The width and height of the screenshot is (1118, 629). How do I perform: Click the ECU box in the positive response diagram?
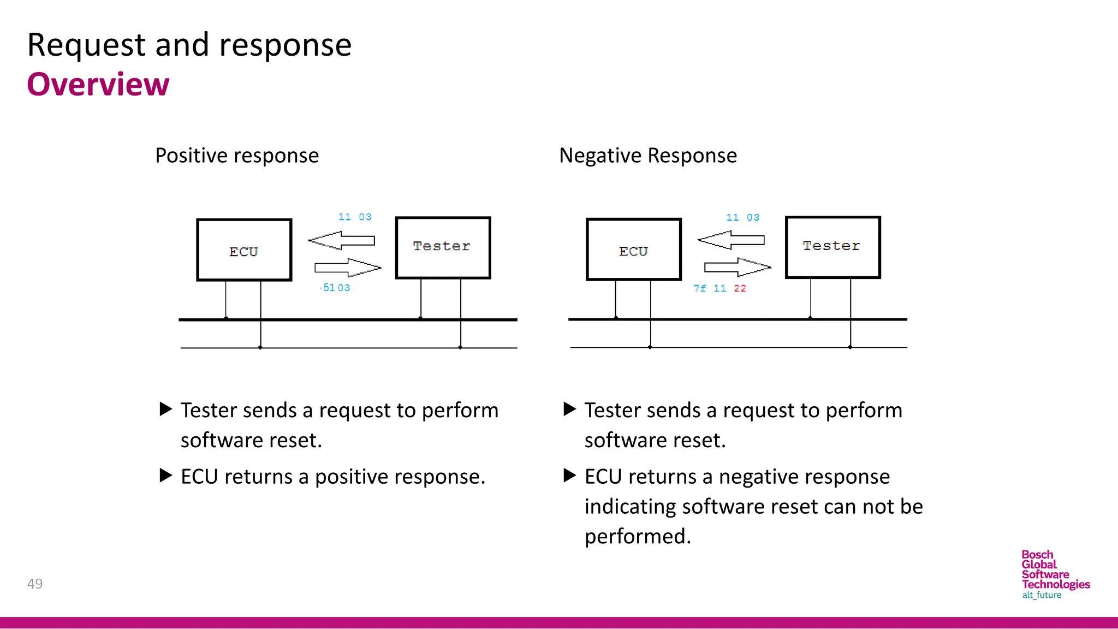tap(244, 250)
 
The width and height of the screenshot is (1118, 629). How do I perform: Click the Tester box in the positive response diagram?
tap(443, 248)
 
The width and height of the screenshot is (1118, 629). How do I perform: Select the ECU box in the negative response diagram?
tap(634, 250)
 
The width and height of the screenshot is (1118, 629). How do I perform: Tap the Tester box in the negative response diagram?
tap(832, 247)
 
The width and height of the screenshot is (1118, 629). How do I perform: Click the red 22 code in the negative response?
tap(740, 288)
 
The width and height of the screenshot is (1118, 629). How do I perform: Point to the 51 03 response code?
tap(336, 288)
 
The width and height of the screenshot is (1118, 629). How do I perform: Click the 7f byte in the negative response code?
tap(699, 288)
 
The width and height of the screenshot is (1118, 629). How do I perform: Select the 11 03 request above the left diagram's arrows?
tap(355, 217)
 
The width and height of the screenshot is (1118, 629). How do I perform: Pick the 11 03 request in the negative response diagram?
tap(742, 217)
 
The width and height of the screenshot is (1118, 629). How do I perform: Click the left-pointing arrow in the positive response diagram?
tap(341, 240)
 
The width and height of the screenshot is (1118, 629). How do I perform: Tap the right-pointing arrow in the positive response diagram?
tap(348, 268)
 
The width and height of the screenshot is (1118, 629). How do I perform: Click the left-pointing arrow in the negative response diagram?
tap(731, 240)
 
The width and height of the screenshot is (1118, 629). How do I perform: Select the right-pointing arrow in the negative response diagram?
tap(738, 267)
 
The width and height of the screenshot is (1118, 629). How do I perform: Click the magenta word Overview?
tap(98, 85)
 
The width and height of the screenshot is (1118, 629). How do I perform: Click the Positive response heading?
tap(237, 156)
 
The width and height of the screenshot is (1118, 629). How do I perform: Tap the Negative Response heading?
tap(648, 156)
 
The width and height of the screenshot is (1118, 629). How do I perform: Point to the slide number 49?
tap(35, 584)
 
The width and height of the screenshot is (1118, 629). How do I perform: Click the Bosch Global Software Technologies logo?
tap(1055, 574)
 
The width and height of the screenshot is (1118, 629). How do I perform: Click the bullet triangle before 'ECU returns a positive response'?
tap(165, 475)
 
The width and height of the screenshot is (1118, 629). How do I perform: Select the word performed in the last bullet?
tap(637, 537)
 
